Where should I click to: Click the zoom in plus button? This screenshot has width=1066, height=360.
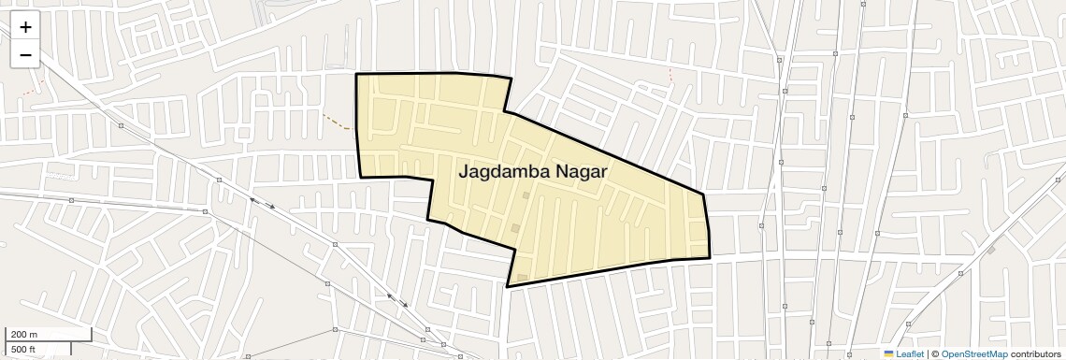(25, 27)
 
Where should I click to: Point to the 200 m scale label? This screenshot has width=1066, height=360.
(24, 335)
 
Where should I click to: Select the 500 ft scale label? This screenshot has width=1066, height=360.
(23, 350)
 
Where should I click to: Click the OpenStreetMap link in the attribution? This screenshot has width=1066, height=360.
(973, 353)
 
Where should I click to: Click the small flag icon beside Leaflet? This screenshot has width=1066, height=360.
(888, 353)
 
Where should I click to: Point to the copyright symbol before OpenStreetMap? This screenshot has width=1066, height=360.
(935, 353)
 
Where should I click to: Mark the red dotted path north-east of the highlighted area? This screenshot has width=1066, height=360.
(670, 76)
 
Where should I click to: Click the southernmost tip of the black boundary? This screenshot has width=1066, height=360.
(508, 286)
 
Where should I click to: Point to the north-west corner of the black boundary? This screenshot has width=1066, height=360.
(356, 74)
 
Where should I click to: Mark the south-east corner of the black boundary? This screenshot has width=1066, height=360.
(709, 257)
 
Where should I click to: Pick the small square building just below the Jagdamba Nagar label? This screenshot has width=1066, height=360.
(526, 195)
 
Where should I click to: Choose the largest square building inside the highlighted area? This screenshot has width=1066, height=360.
(515, 227)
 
